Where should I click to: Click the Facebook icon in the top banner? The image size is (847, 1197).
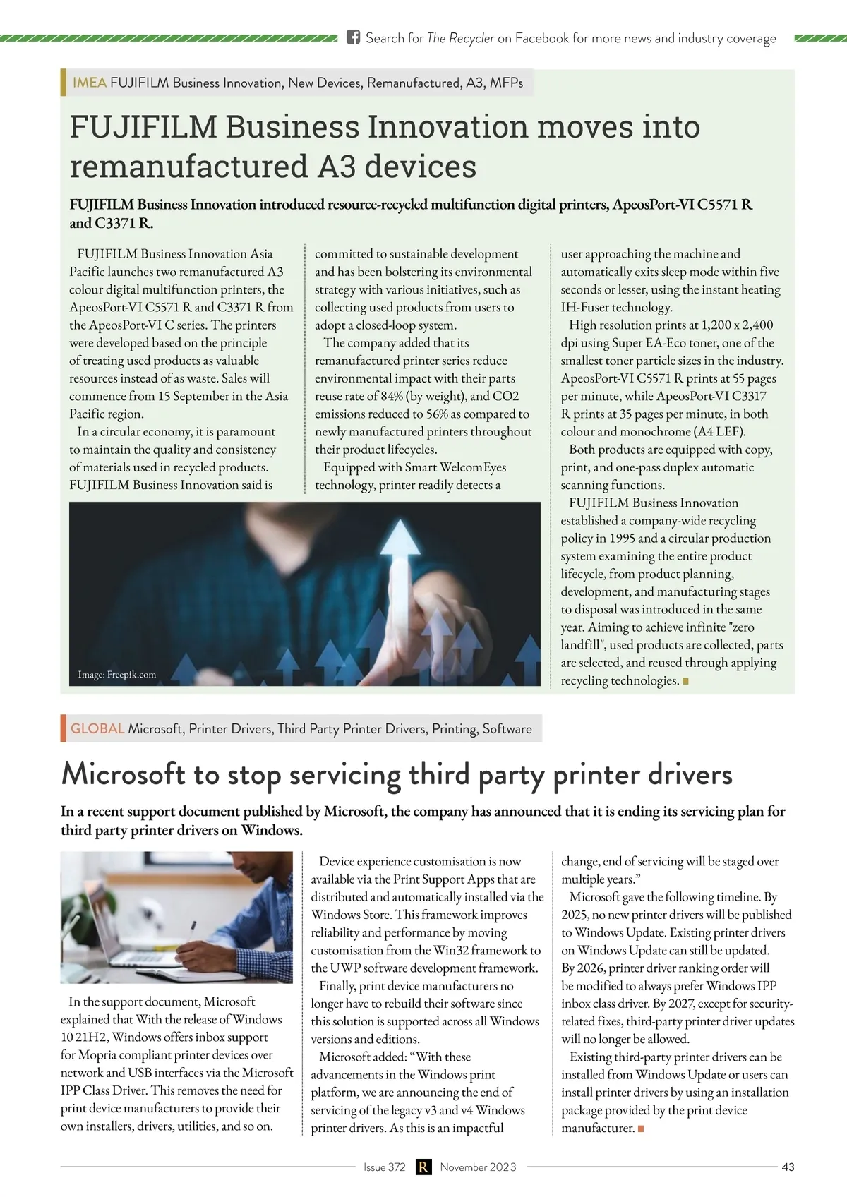point(354,37)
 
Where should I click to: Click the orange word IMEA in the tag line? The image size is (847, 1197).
point(90,83)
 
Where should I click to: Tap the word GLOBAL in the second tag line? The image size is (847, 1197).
point(97,728)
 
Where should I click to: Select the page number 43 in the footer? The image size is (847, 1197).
point(788,1167)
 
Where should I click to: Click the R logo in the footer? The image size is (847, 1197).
point(423,1167)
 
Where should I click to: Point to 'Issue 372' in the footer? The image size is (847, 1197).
point(384,1167)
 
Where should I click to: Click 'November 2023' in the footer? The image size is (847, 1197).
point(478,1167)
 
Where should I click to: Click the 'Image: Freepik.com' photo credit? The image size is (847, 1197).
point(117,674)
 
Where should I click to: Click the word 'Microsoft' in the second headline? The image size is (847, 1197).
point(123,774)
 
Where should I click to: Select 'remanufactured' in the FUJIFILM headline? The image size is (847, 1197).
point(188,167)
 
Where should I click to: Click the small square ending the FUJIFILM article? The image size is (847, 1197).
point(686,681)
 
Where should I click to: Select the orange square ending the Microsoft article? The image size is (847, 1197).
point(641,1129)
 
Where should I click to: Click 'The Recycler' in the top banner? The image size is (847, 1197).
point(460,38)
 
